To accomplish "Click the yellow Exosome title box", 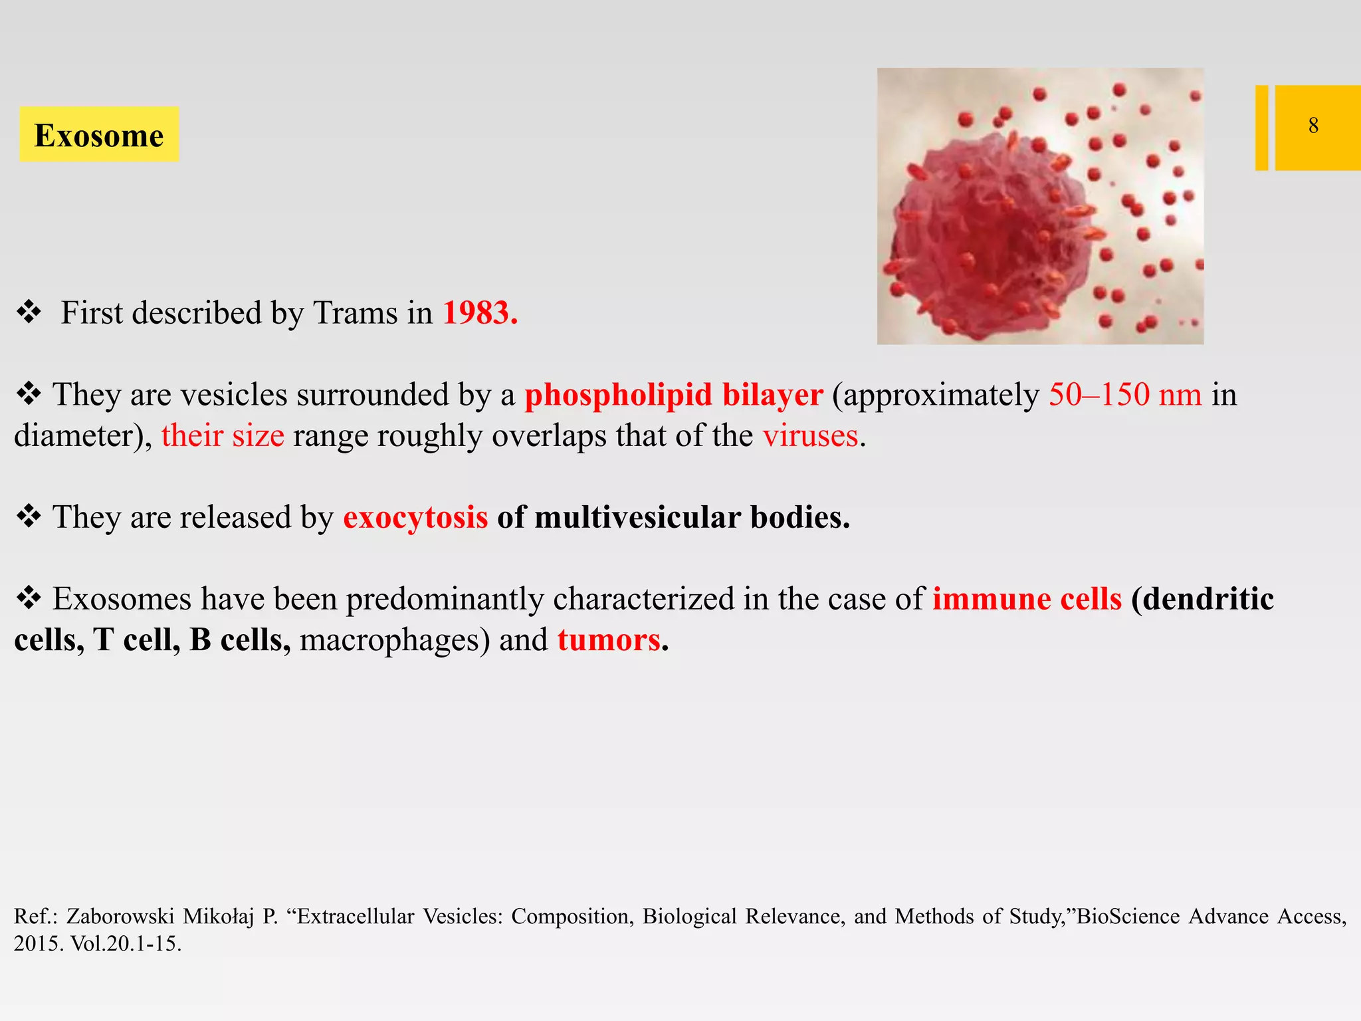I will tap(99, 134).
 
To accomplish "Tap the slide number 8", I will tap(1313, 126).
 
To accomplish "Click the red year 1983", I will tap(479, 313).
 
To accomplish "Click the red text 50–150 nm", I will tap(1125, 395).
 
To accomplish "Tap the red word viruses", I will tap(810, 436).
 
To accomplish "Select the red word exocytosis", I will tap(415, 517).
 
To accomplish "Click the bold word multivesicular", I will tap(637, 517).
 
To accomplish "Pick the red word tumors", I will tap(609, 640).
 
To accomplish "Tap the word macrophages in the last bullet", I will tap(389, 640).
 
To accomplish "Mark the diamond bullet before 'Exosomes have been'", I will tap(29, 598).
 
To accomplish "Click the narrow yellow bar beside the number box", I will tap(1261, 128).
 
